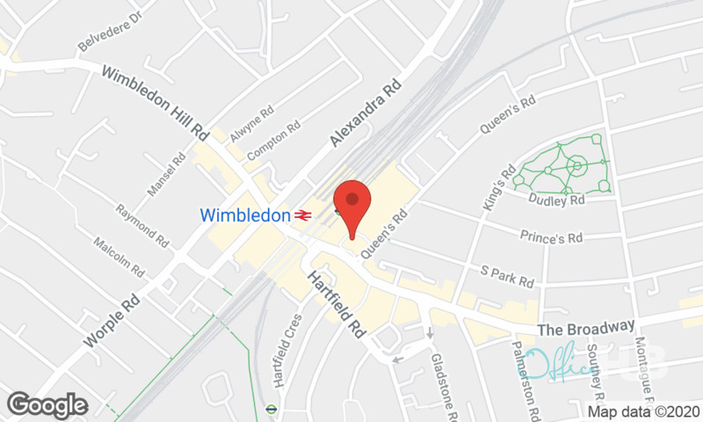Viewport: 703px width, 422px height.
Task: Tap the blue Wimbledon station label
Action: pyautogui.click(x=245, y=215)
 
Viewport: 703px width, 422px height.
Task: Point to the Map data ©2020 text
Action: pyautogui.click(x=643, y=410)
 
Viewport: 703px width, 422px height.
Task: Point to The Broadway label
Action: pyautogui.click(x=585, y=328)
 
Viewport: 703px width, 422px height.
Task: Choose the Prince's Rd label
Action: pyautogui.click(x=551, y=235)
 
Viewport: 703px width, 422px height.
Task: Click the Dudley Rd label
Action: pyautogui.click(x=557, y=200)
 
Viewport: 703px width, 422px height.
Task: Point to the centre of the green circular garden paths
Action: pyautogui.click(x=576, y=164)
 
